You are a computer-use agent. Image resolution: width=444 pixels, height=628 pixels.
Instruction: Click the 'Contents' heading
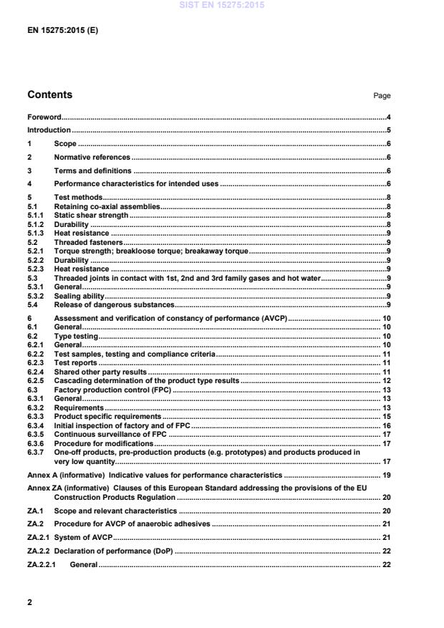[x=49, y=95]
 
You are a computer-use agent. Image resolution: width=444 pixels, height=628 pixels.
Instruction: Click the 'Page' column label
[x=382, y=96]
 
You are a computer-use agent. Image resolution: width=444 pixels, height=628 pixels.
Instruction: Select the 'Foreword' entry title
[x=44, y=117]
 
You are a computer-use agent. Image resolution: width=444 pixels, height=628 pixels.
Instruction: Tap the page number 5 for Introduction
[x=388, y=130]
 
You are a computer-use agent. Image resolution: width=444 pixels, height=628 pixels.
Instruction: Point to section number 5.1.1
[x=36, y=215]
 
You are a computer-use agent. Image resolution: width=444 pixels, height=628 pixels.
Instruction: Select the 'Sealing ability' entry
[x=79, y=295]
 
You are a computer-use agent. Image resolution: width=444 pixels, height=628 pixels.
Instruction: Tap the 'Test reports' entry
[x=77, y=363]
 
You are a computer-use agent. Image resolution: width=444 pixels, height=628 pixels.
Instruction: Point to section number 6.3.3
[x=36, y=416]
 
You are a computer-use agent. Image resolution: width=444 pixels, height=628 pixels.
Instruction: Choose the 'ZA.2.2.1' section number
[x=42, y=564]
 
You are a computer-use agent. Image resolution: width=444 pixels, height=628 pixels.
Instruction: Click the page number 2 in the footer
[x=30, y=602]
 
